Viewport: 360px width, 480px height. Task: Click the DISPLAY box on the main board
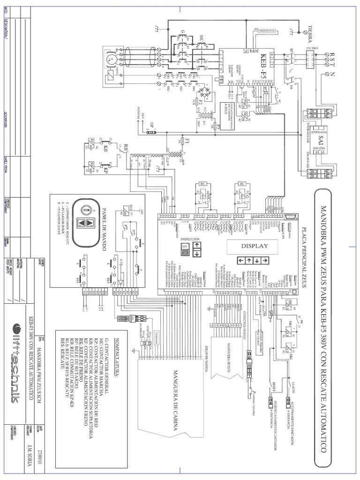pos(255,246)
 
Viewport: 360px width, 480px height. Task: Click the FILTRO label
pos(312,48)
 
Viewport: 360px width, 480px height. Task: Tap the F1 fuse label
pos(187,141)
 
